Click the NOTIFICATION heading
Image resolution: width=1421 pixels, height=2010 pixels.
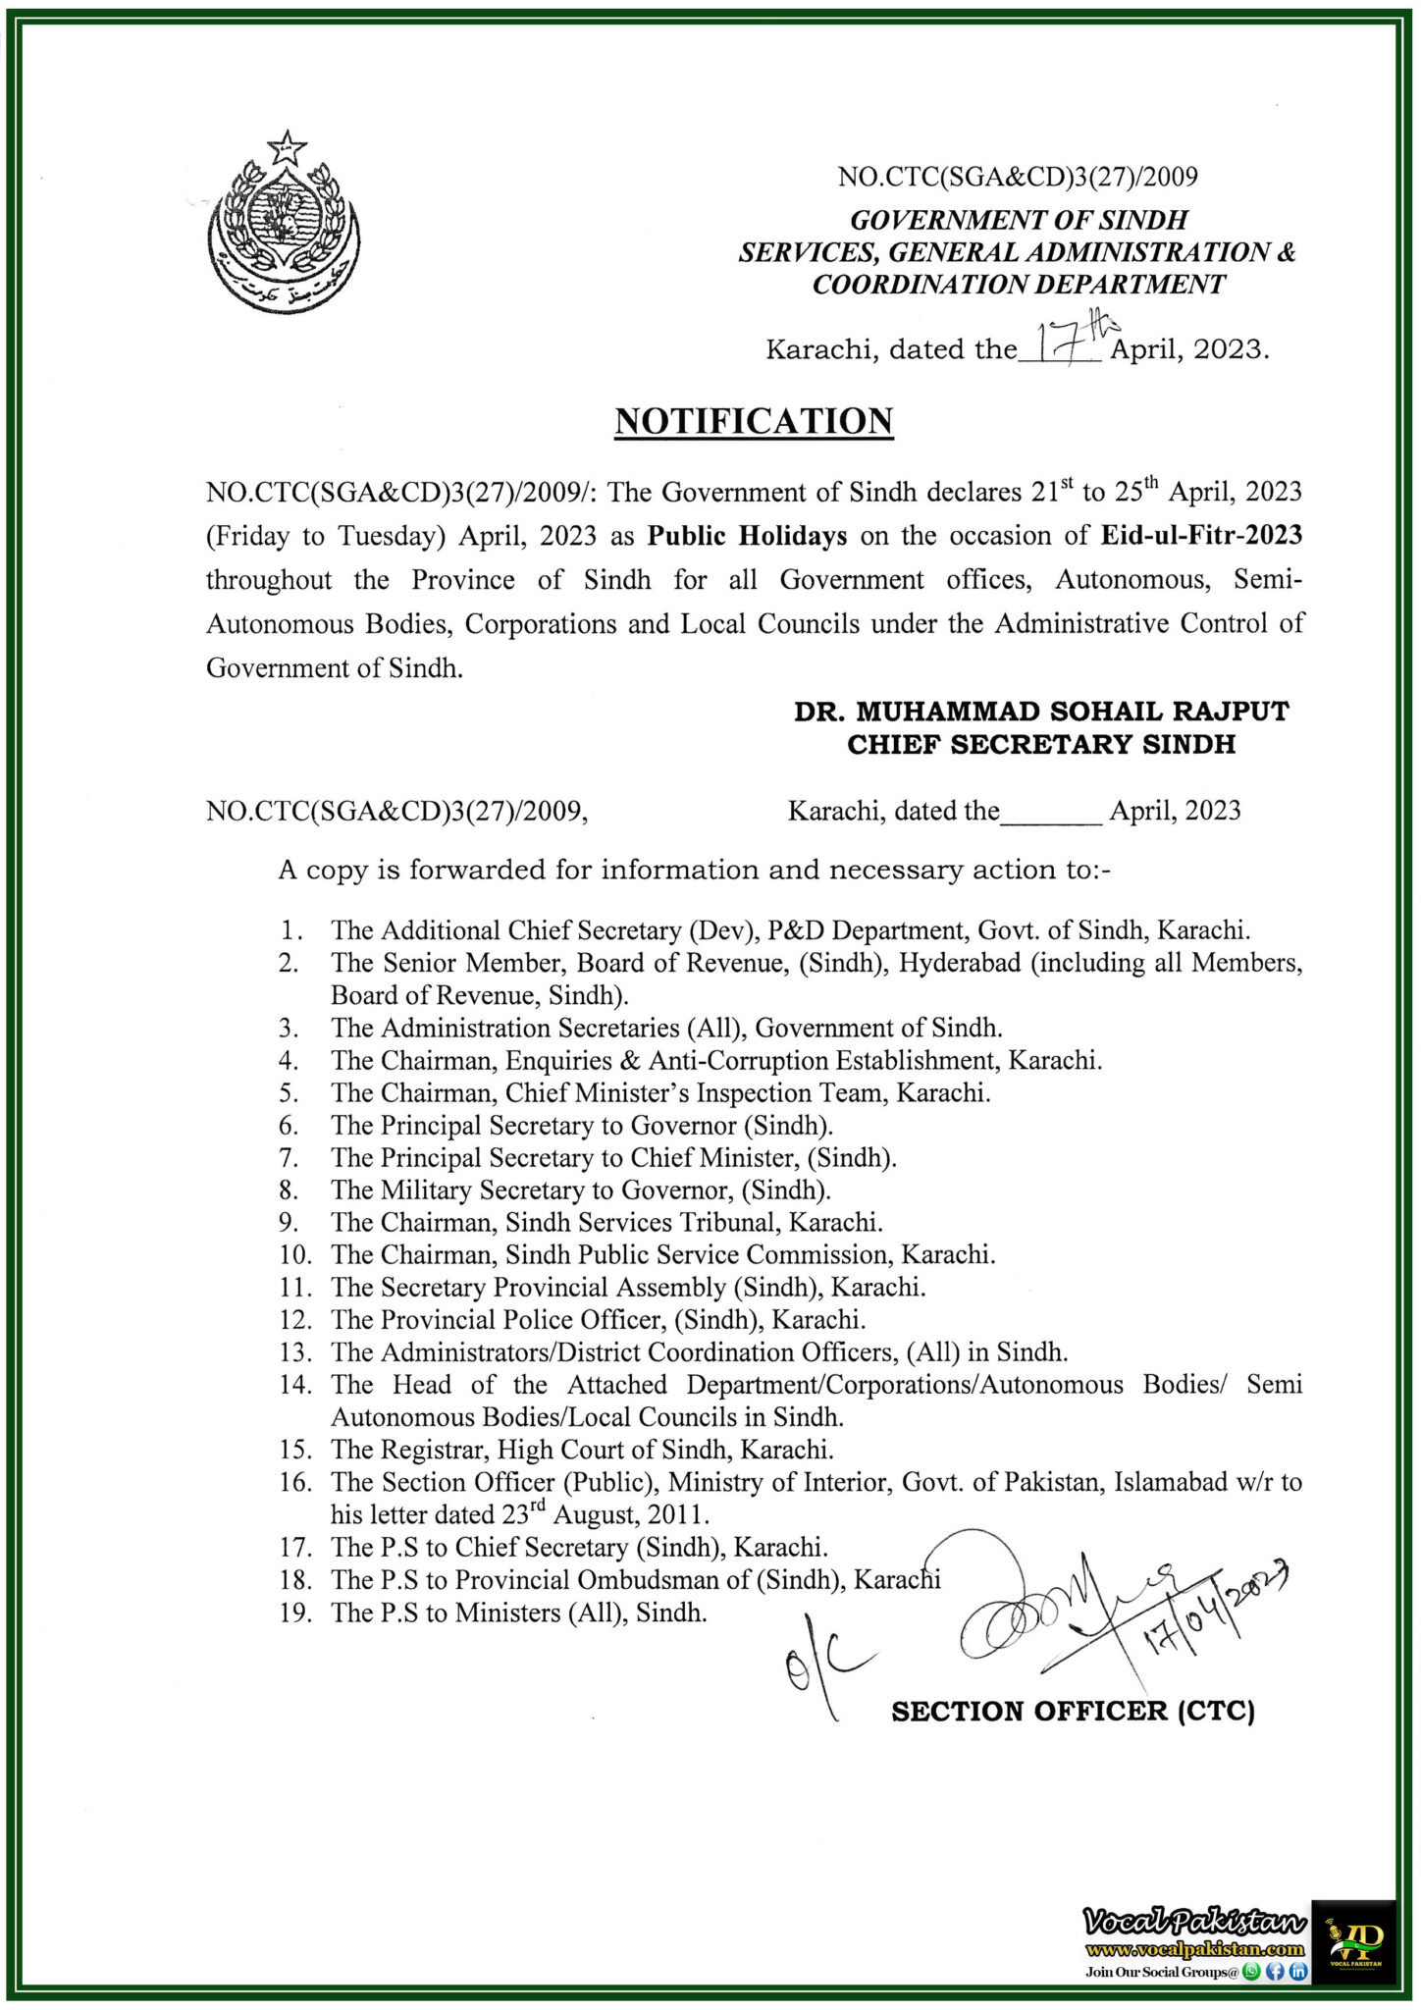point(754,421)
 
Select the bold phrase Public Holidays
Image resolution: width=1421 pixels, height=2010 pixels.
point(747,536)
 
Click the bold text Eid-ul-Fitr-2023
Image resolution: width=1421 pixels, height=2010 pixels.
point(1201,536)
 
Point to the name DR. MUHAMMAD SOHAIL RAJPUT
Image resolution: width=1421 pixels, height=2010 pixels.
point(1041,712)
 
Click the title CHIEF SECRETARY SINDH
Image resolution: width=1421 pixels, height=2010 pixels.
point(1041,745)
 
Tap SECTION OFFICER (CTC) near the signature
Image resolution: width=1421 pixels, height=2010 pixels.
point(1073,1712)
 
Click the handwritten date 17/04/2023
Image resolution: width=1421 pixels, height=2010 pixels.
point(1211,1611)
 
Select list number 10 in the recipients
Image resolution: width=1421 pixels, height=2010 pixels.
point(295,1255)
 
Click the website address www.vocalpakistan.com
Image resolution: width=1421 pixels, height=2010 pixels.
point(1194,1950)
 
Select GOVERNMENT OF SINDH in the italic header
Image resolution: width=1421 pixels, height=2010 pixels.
point(1018,220)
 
